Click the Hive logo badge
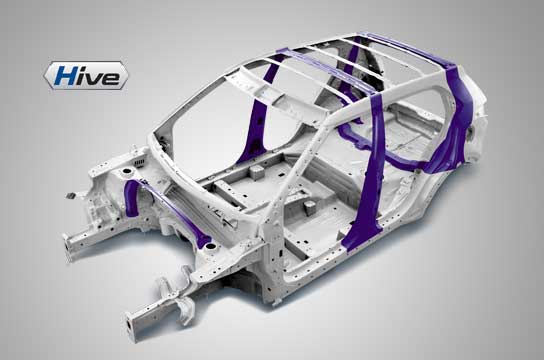pos(86,75)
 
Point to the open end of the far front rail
pos(67,248)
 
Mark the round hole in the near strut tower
pos(210,247)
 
